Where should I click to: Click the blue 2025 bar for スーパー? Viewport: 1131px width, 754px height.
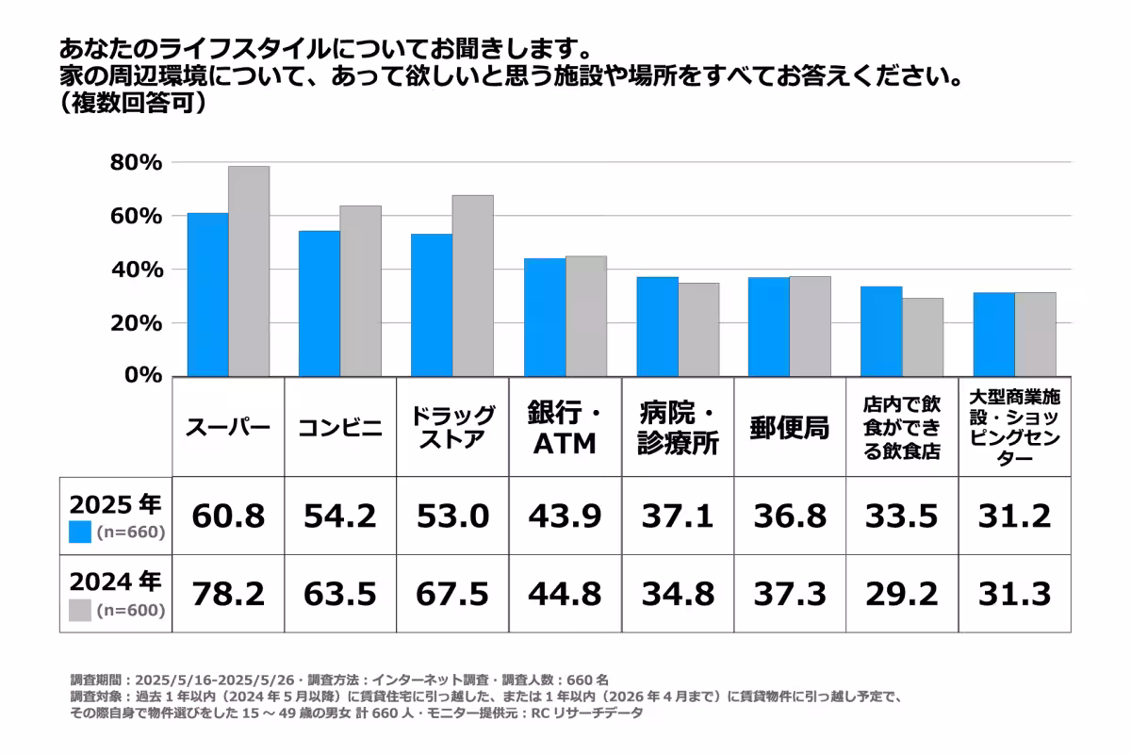[207, 295]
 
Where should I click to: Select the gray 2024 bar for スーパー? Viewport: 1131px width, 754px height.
[249, 271]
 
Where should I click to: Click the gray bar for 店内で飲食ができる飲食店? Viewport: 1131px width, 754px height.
[923, 337]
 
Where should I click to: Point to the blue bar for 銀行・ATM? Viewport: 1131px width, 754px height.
[545, 318]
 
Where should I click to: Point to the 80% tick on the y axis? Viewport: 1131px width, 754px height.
[137, 163]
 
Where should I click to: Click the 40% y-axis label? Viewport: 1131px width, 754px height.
[137, 270]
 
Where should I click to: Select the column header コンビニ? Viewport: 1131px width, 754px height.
[340, 428]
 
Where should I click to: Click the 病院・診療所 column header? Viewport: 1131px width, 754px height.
[678, 428]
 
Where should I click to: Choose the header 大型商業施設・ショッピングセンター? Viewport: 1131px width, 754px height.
[1014, 428]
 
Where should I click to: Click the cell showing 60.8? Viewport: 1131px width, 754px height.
[228, 516]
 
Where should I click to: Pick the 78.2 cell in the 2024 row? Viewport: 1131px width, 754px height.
[228, 594]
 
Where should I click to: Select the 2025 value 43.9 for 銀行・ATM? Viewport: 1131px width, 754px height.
[565, 516]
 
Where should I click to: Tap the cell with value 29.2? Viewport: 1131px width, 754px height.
[902, 594]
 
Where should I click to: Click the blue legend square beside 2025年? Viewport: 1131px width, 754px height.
[81, 532]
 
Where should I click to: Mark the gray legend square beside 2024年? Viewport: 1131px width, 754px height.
[81, 610]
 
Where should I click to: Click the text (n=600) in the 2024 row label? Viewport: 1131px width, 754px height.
[130, 611]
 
